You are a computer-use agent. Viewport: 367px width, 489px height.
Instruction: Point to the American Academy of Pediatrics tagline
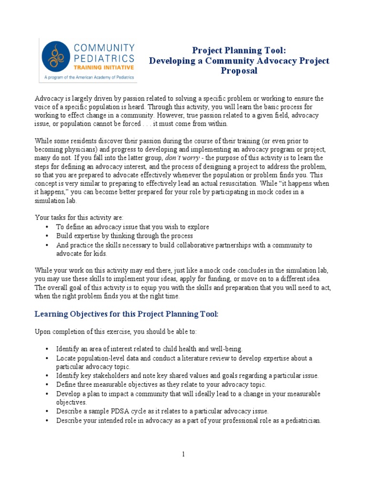click(89, 77)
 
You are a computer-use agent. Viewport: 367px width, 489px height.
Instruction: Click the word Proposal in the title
click(239, 71)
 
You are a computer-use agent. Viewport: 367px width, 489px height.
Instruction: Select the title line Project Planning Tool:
click(239, 51)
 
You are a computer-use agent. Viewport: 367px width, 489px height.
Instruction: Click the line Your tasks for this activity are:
click(79, 217)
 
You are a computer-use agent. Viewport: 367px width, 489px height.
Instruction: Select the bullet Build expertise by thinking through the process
click(124, 236)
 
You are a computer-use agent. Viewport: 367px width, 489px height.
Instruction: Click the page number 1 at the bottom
click(183, 454)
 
